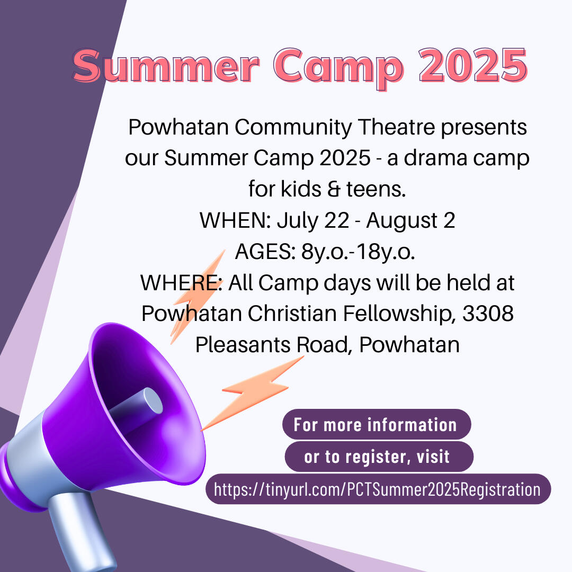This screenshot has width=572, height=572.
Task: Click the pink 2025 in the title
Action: tap(473, 66)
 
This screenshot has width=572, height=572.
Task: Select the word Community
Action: tap(293, 128)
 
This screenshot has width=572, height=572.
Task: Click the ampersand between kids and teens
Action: tap(334, 189)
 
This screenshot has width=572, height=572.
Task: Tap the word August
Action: tap(401, 221)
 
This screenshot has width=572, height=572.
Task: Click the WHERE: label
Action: tap(181, 283)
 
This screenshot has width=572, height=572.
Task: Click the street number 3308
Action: tap(488, 314)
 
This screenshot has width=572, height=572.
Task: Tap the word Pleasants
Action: tap(243, 345)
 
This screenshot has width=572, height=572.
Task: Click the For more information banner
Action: tap(377, 424)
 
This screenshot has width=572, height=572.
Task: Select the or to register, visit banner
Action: tap(379, 457)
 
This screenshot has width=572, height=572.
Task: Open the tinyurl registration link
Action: tap(378, 489)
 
